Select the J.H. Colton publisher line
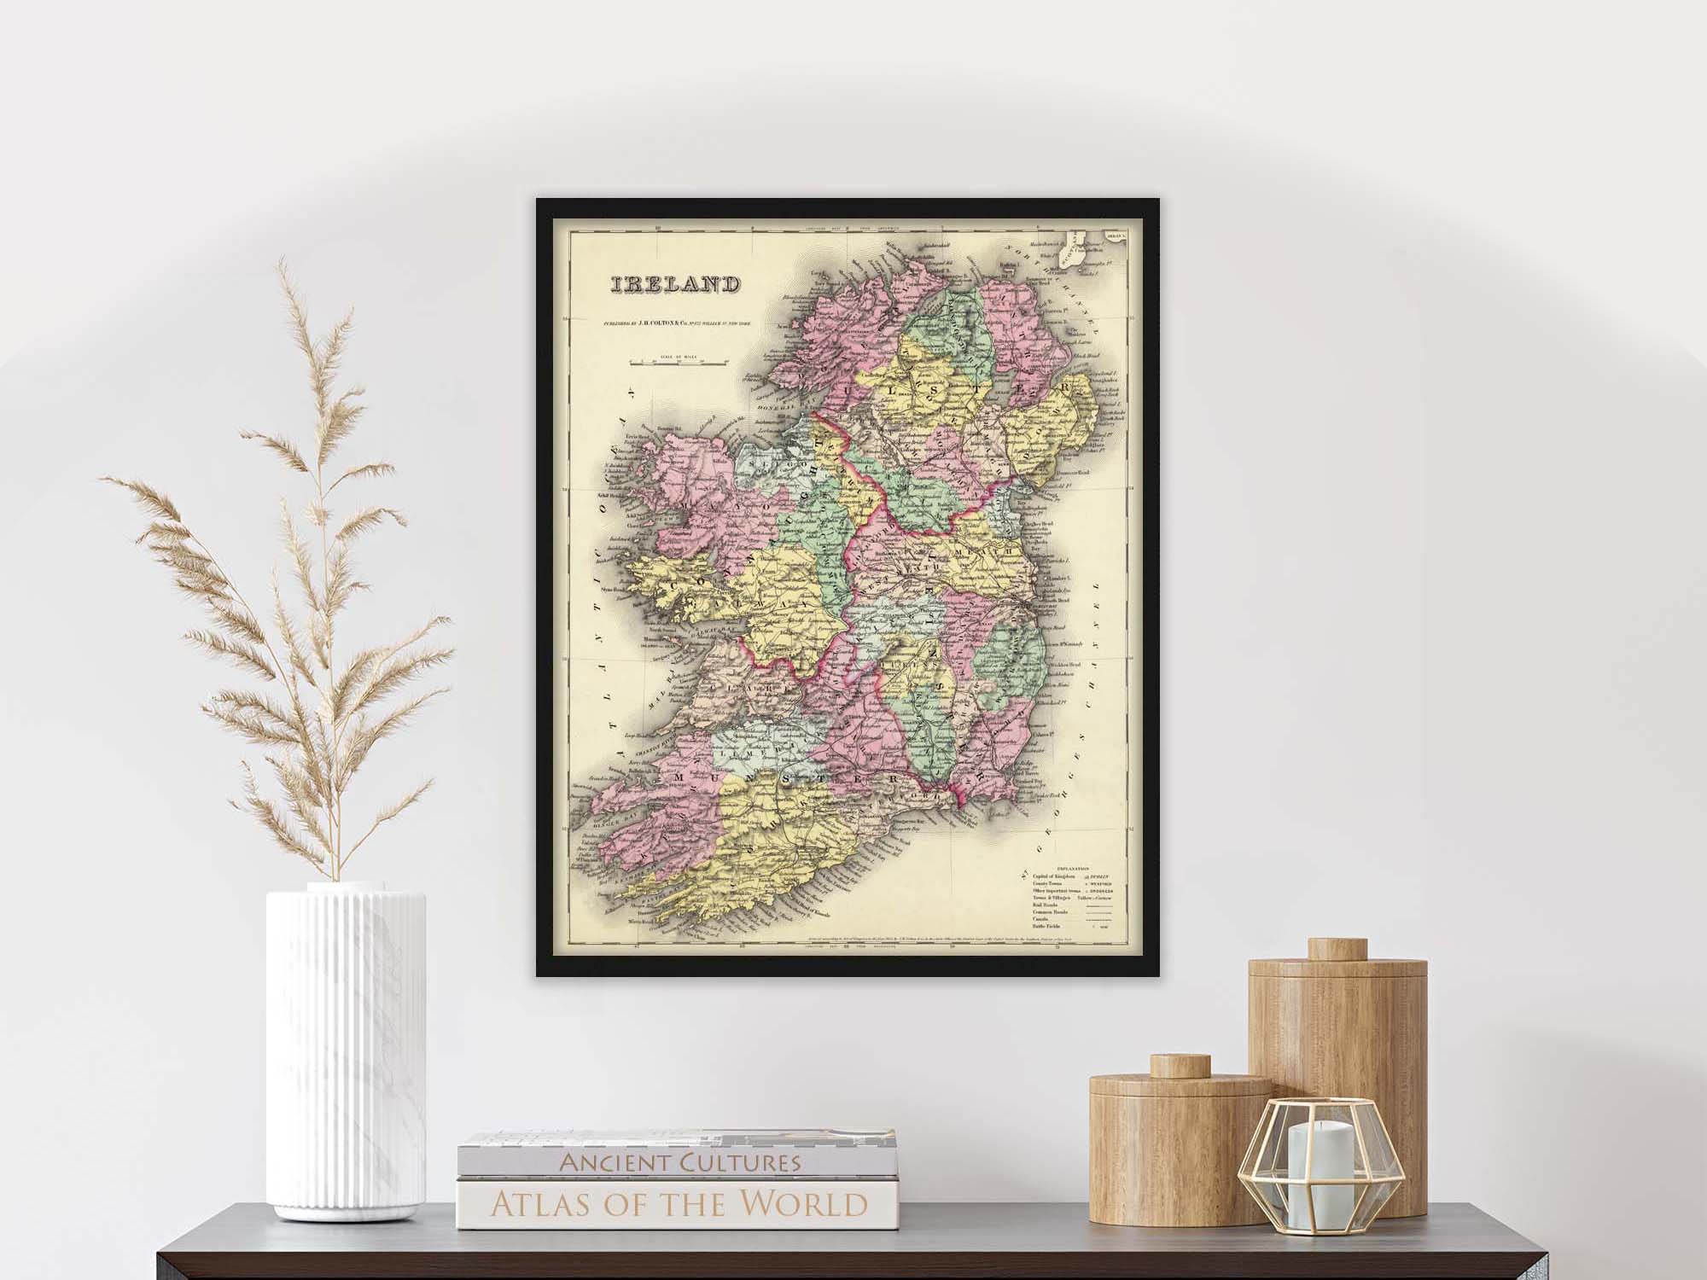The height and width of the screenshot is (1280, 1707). click(674, 323)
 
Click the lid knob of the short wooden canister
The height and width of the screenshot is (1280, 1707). click(1180, 1066)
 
